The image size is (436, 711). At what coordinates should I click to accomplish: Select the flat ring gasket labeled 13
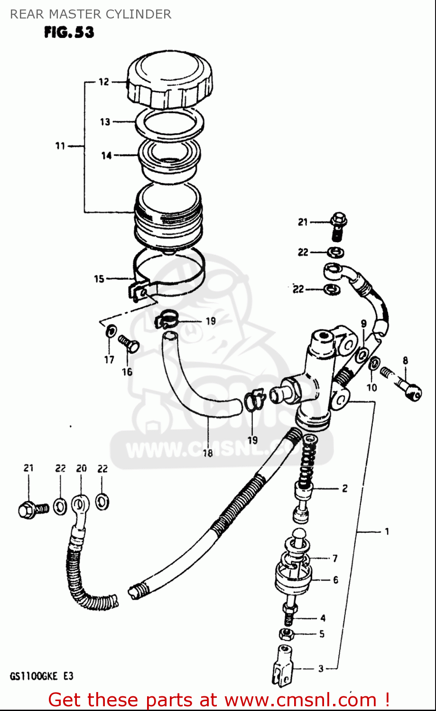coord(169,122)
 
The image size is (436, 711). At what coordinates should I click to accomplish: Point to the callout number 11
coord(60,146)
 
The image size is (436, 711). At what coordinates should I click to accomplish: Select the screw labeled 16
coord(129,343)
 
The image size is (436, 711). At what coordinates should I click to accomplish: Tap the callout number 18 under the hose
coord(208,453)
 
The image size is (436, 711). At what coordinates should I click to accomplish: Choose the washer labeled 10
coord(374,364)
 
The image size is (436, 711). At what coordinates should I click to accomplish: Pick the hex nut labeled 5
coord(286,633)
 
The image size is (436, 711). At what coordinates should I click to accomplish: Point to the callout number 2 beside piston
coord(345,488)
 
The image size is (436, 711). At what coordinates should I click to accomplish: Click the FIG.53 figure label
coord(69,32)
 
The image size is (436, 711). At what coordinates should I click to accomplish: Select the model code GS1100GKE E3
coord(42,676)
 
